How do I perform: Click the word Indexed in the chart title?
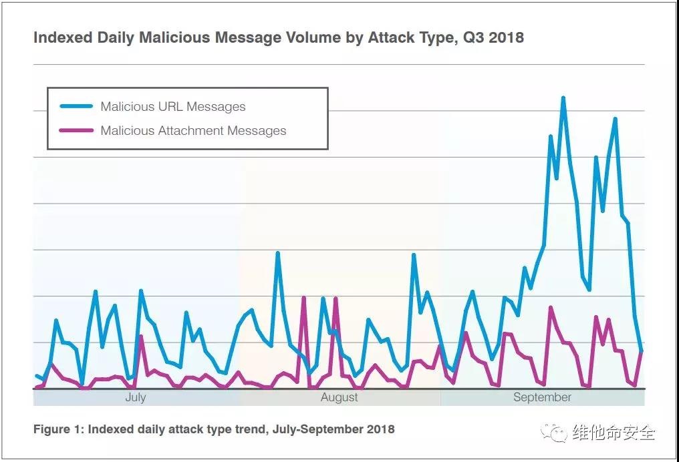click(x=61, y=37)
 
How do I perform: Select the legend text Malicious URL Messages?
click(x=172, y=107)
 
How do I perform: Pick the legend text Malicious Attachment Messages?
click(x=193, y=131)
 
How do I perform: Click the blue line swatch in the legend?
click(x=76, y=107)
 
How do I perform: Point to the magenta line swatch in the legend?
click(x=76, y=131)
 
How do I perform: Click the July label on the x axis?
click(x=135, y=397)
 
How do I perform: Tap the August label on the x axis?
click(x=339, y=397)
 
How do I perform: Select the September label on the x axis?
click(x=542, y=397)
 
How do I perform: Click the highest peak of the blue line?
click(x=563, y=97)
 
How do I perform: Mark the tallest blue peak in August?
click(x=277, y=253)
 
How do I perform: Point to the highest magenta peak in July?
click(x=141, y=336)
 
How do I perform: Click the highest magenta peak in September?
click(x=551, y=307)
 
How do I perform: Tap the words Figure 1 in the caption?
click(x=58, y=429)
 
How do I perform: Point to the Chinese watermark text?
click(x=614, y=433)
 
